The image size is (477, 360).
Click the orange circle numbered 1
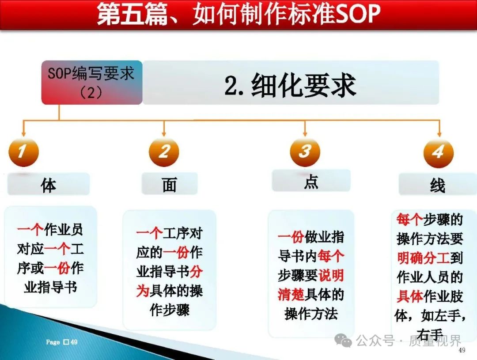tap(23, 152)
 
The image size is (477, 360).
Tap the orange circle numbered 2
tap(164, 152)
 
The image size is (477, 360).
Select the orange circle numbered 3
tap(305, 152)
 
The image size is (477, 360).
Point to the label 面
tap(169, 184)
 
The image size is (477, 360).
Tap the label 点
tap(311, 182)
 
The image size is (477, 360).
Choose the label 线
tap(437, 185)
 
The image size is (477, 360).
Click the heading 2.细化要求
tap(290, 86)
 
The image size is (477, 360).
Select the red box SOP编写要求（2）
tap(92, 83)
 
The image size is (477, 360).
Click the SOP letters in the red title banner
tap(358, 13)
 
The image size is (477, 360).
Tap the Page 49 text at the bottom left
tap(62, 342)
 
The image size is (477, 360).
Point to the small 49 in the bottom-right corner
tap(462, 350)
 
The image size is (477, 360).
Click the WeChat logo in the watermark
tap(343, 340)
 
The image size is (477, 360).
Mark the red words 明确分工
tap(423, 258)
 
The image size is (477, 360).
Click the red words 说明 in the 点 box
tap(331, 275)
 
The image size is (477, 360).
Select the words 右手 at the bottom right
tap(430, 335)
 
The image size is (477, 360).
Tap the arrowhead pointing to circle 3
tap(305, 134)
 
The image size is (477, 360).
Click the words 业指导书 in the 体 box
tap(50, 287)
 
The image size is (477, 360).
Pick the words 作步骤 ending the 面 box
tap(170, 310)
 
